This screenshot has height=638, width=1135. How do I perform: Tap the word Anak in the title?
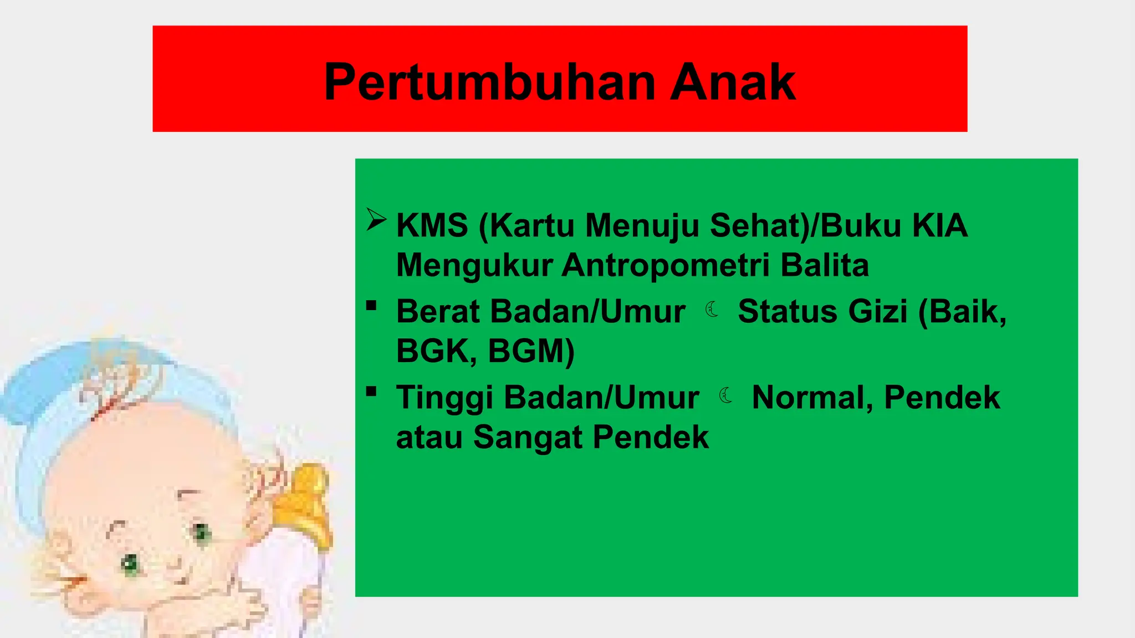pos(733,83)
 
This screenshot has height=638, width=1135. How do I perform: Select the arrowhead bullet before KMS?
pos(376,220)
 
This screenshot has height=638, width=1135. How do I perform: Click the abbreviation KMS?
pos(432,225)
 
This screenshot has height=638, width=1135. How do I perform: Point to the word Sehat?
pos(759,225)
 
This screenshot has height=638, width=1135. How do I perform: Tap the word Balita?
pos(825,265)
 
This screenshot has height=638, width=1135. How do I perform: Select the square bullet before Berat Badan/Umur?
pos(371,305)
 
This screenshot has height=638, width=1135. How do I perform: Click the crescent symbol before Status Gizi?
pos(712,310)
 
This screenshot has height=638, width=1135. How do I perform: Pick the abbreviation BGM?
pos(530,351)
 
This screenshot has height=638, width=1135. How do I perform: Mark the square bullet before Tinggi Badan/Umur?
pos(371,392)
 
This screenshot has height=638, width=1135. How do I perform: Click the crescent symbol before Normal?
pos(726,395)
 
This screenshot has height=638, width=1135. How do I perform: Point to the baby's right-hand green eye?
pos(201,533)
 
